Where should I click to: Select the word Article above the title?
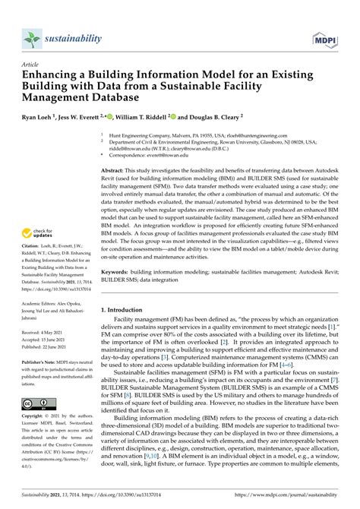32,65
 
